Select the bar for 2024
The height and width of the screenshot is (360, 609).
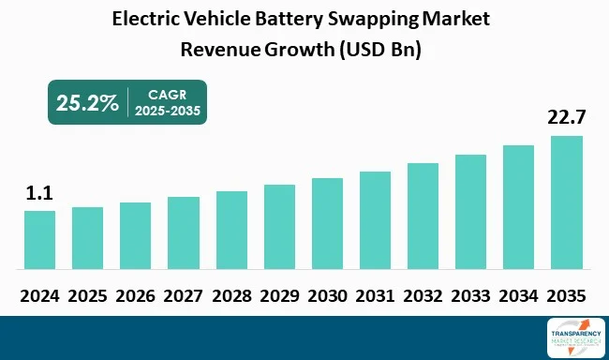(39, 239)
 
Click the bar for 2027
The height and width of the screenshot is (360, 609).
(184, 232)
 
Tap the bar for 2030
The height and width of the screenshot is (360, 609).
(327, 223)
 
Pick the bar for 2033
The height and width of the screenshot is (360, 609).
(470, 211)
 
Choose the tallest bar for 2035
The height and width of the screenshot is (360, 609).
(566, 202)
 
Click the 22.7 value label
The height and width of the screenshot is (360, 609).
(566, 118)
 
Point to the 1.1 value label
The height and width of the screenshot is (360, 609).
(38, 193)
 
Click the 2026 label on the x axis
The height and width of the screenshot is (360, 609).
(135, 294)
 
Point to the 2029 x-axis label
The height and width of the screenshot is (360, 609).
(279, 294)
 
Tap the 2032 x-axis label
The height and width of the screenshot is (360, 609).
(423, 294)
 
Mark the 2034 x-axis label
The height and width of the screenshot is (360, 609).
(518, 294)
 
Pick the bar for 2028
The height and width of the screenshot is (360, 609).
(231, 230)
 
